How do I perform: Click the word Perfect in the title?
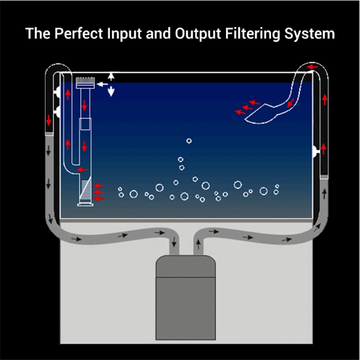[x=79, y=33]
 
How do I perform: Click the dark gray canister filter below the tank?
[x=185, y=297]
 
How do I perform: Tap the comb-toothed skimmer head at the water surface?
[x=85, y=83]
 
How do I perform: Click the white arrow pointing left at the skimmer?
[x=103, y=84]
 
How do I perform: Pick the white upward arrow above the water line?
[x=111, y=76]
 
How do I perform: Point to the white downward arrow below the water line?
[x=111, y=91]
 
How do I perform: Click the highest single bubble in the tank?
[x=189, y=141]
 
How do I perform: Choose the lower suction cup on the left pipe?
[x=57, y=112]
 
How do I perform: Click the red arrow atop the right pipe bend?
[x=312, y=67]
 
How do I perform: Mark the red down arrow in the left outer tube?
[x=49, y=120]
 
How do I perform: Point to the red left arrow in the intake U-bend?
[x=82, y=170]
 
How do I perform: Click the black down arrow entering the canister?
[x=174, y=242]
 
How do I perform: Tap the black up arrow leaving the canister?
[x=198, y=244]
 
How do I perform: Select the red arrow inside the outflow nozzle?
[x=291, y=103]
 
